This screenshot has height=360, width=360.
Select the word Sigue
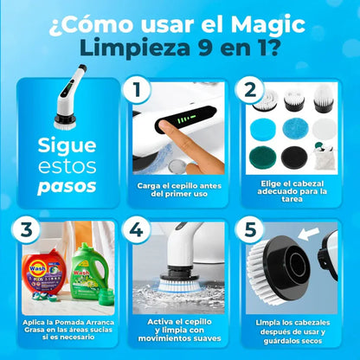click(61, 144)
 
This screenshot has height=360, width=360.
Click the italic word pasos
click(61, 186)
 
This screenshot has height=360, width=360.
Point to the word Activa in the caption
click(147, 322)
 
